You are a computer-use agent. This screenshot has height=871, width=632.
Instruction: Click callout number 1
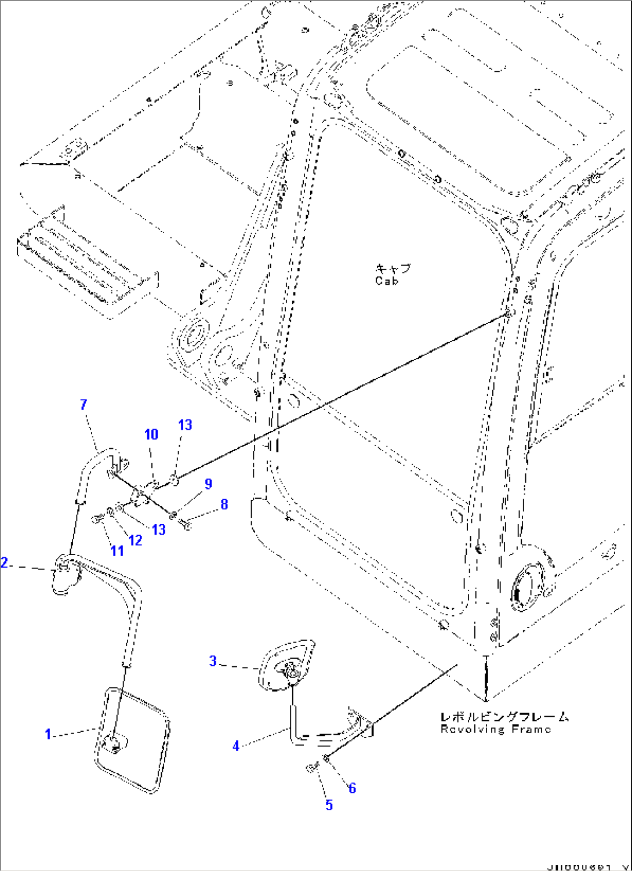(x=48, y=735)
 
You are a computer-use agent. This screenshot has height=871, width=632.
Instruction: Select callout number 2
(x=5, y=562)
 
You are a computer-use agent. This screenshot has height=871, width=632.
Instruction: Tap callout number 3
(x=213, y=660)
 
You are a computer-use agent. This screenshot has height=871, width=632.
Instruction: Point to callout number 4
(x=236, y=746)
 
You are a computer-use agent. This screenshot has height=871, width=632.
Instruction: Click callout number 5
(x=329, y=805)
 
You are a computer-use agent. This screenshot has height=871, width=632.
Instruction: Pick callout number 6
(x=352, y=788)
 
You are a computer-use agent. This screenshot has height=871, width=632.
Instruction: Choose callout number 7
(x=83, y=404)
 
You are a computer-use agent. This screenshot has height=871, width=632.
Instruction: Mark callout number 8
(x=224, y=505)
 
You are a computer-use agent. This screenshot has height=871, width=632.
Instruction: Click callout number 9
(x=208, y=484)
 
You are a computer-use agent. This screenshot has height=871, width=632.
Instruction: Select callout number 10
(x=151, y=434)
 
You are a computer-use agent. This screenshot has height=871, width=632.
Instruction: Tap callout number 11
(x=117, y=550)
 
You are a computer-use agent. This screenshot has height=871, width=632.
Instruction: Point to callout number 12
(x=136, y=540)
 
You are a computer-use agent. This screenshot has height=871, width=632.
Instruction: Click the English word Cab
(x=387, y=281)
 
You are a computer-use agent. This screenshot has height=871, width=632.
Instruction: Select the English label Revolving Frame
(x=495, y=730)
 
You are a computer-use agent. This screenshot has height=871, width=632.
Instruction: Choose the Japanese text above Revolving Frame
(x=504, y=717)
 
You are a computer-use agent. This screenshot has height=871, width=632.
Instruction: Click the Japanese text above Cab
(x=393, y=268)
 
